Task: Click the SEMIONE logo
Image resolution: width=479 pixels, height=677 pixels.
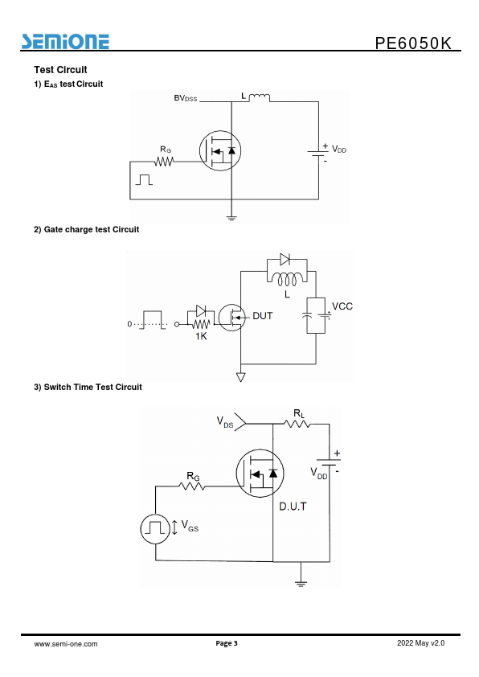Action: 65,42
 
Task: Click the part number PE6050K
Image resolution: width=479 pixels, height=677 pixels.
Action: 413,43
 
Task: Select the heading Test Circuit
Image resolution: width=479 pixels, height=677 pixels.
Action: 60,69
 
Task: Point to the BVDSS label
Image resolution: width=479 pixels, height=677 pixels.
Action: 186,98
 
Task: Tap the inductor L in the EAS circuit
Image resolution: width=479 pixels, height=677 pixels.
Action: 260,97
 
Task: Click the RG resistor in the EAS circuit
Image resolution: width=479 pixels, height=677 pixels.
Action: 164,162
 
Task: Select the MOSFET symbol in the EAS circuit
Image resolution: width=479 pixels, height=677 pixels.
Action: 220,150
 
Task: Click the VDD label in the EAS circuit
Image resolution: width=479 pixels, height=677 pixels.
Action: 339,149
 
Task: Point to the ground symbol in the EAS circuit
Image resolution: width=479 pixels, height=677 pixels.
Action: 231,218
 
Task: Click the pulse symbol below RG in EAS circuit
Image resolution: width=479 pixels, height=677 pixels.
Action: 144,179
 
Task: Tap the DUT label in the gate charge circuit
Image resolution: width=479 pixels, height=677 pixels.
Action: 262,316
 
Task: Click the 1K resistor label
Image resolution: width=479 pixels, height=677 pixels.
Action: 201,336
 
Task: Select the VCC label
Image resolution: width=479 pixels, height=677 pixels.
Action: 342,306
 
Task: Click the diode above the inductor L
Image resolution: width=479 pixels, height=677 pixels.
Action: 285,259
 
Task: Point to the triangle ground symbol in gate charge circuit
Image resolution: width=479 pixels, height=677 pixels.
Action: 241,377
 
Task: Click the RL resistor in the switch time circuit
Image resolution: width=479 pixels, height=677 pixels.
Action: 297,424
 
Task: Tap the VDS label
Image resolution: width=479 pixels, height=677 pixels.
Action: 225,422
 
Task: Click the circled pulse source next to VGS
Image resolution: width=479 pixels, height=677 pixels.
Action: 155,528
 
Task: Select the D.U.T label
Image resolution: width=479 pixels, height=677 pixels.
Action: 293,506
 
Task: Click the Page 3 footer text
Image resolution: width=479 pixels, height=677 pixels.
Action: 227,643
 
